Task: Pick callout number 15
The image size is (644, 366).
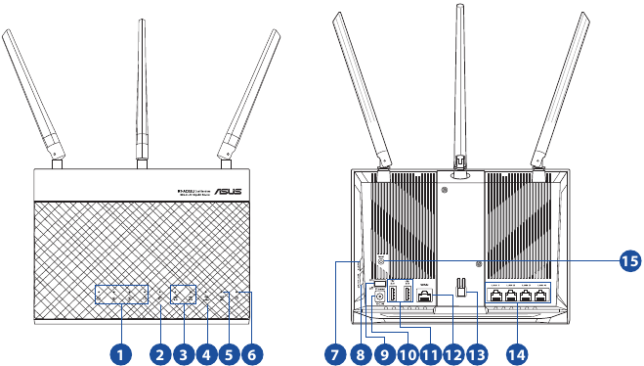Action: tap(628, 259)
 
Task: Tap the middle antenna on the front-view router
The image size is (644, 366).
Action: tap(141, 88)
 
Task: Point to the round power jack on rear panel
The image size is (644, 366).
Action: tap(379, 301)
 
